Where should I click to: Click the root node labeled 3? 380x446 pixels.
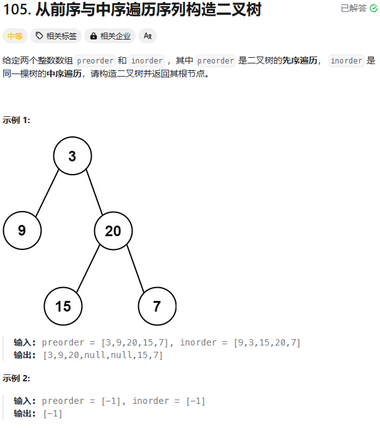[x=72, y=156]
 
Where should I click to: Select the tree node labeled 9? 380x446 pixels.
[x=22, y=231]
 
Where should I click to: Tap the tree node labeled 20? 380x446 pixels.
[x=113, y=231]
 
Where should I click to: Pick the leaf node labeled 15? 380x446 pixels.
[x=63, y=307]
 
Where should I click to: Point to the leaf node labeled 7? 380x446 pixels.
[x=157, y=307]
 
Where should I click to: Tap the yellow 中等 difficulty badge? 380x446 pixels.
[x=14, y=36]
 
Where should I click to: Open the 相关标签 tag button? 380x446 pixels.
[x=56, y=36]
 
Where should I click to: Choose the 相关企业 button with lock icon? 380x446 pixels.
[x=110, y=36]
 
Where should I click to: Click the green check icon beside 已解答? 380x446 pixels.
[x=374, y=8]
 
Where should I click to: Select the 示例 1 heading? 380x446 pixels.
[x=16, y=120]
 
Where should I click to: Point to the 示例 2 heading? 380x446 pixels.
[x=16, y=378]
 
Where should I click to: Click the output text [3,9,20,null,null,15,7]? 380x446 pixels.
[x=102, y=355]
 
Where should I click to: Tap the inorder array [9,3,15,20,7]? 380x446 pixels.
[x=267, y=342]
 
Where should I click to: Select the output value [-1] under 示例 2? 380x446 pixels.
[x=53, y=413]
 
